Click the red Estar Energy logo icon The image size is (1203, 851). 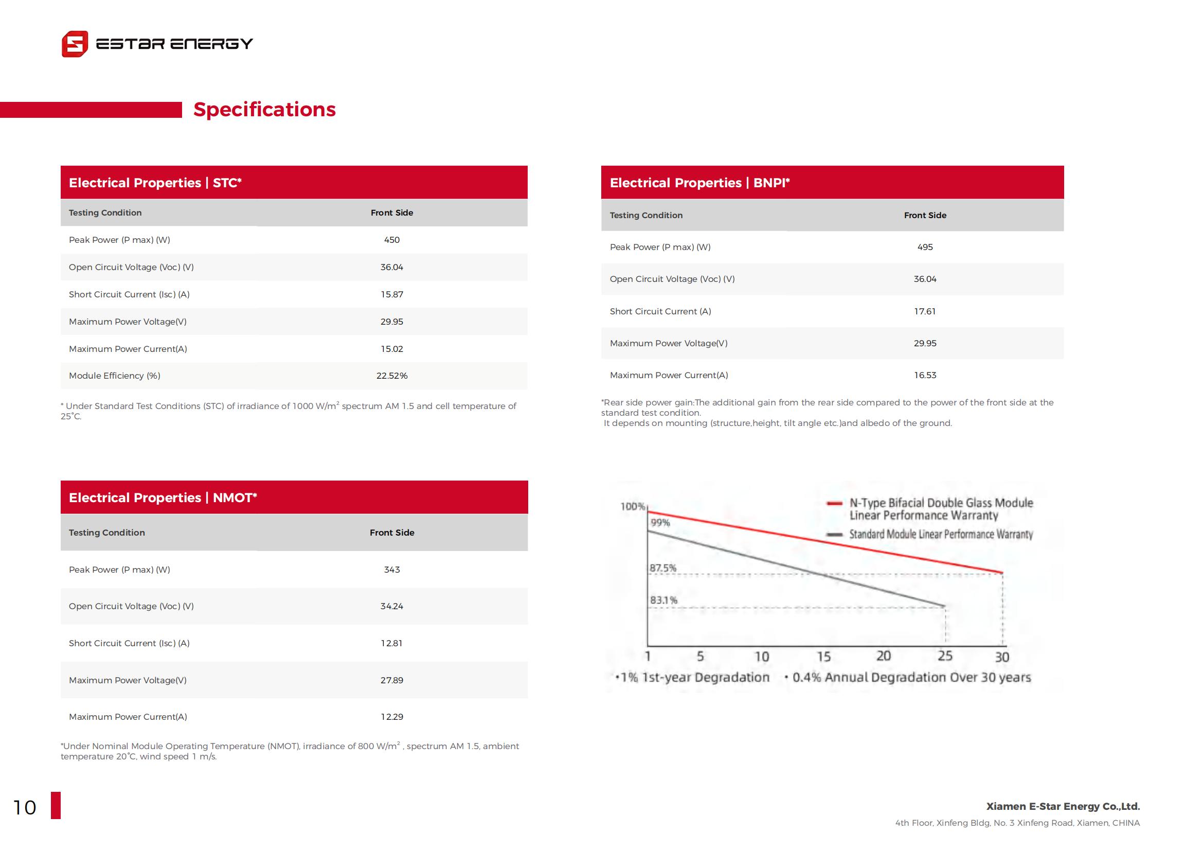75,44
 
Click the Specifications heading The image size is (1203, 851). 264,110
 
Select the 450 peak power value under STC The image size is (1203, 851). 392,240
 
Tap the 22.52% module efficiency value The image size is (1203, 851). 392,376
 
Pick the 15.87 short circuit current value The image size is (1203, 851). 392,294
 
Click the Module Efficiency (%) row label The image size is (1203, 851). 115,376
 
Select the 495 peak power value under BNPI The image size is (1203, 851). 925,247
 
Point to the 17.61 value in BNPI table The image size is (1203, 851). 925,311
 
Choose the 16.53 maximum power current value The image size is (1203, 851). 925,375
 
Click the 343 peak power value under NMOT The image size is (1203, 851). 392,570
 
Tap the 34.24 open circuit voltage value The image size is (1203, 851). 392,606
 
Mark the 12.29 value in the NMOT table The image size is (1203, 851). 392,717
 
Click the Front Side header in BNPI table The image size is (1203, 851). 925,216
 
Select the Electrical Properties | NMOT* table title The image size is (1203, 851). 163,498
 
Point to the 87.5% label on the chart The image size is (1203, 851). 663,568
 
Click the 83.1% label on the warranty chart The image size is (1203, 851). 664,600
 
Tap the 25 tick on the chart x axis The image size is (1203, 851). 945,656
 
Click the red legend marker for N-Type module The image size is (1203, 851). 834,504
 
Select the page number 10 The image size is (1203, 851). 25,807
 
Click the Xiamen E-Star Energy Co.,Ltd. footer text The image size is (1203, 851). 1063,806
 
